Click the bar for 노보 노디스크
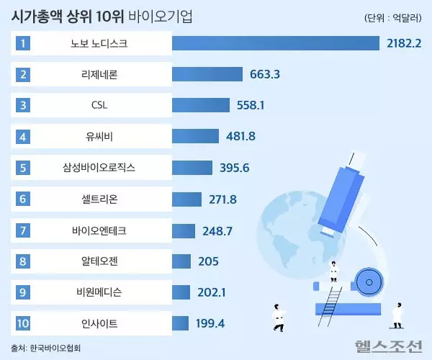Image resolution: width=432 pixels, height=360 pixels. tap(275, 43)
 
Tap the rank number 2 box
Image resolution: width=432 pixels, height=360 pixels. tap(24, 74)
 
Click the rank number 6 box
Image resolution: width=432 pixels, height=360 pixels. tap(24, 198)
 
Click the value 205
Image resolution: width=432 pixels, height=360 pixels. tap(208, 260)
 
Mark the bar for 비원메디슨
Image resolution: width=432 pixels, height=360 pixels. tap(181, 291)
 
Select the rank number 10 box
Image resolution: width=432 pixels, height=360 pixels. tap(24, 322)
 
